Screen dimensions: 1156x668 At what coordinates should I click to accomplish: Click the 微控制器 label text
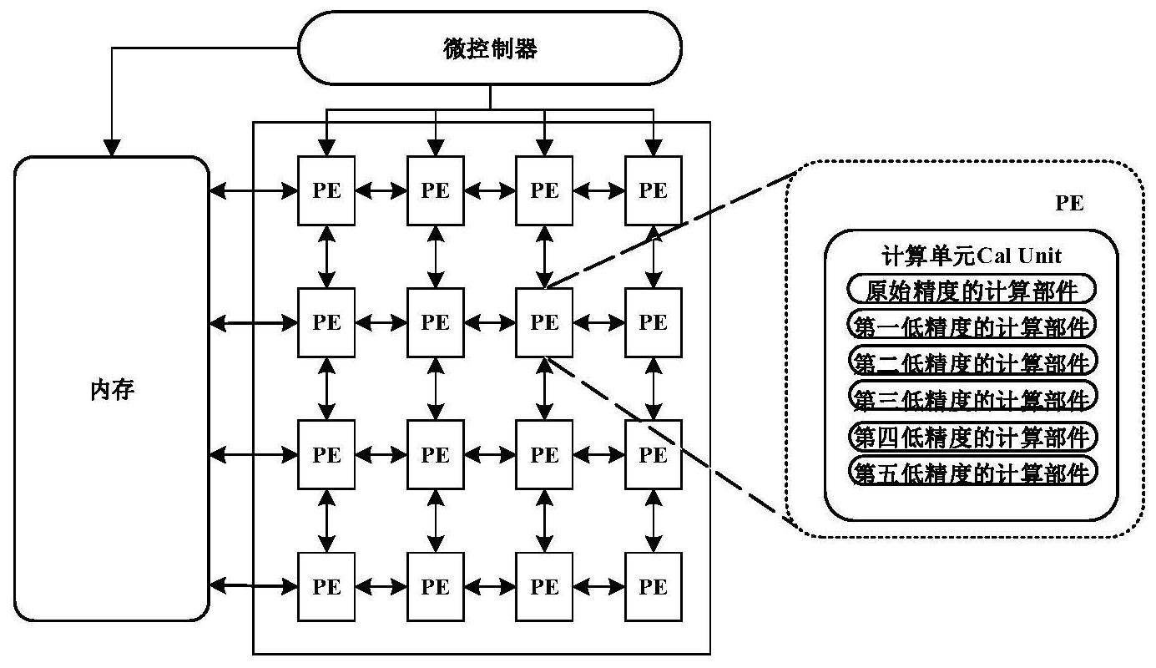pyautogui.click(x=490, y=48)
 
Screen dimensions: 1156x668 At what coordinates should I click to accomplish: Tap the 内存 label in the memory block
pyautogui.click(x=112, y=389)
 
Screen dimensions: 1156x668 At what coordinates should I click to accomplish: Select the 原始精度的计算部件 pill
pyautogui.click(x=972, y=289)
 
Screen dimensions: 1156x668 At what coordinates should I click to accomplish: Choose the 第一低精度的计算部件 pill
pyautogui.click(x=972, y=325)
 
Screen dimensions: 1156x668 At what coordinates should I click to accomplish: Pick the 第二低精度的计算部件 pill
pyautogui.click(x=972, y=361)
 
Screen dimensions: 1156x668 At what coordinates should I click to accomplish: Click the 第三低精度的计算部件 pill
pyautogui.click(x=972, y=397)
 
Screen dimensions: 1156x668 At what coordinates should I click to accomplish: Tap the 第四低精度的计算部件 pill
pyautogui.click(x=972, y=436)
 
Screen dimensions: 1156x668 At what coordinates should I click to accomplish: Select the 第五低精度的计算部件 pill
pyautogui.click(x=972, y=470)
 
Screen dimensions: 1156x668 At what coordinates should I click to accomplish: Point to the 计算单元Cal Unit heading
pyautogui.click(x=972, y=256)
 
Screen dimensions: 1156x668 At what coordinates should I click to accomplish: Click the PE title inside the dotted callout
pyautogui.click(x=1069, y=203)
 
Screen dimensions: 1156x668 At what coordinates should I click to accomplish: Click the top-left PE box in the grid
pyautogui.click(x=326, y=190)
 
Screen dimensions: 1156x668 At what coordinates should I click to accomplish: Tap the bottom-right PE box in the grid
pyautogui.click(x=654, y=586)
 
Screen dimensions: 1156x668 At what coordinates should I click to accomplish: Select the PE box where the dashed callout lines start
pyautogui.click(x=544, y=322)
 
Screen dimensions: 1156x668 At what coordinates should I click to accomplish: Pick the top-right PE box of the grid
pyautogui.click(x=654, y=190)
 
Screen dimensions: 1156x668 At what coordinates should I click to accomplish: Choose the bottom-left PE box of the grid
pyautogui.click(x=326, y=586)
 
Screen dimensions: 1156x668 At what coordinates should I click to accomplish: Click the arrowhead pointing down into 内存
pyautogui.click(x=112, y=148)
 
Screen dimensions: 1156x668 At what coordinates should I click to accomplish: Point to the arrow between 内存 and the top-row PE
pyautogui.click(x=254, y=191)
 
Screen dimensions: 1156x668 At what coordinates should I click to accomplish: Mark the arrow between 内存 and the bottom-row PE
pyautogui.click(x=254, y=586)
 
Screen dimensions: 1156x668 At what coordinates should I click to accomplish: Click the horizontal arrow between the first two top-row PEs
pyautogui.click(x=381, y=191)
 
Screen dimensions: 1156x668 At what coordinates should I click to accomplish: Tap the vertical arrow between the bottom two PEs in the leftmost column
pyautogui.click(x=326, y=520)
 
